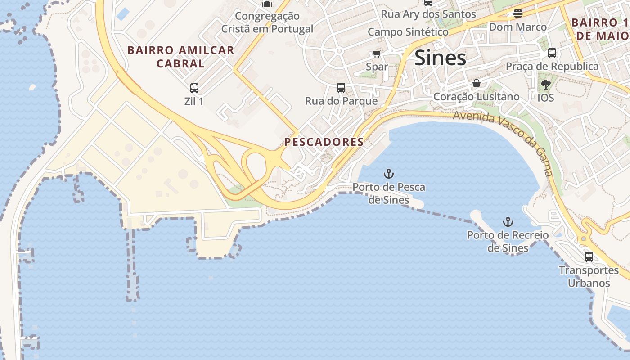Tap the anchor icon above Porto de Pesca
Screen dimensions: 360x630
coord(388,174)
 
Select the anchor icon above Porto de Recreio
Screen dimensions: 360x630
coord(508,222)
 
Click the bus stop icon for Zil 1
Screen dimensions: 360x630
coord(194,88)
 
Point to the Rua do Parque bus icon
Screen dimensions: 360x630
coord(341,87)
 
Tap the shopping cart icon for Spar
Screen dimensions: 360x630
coord(377,54)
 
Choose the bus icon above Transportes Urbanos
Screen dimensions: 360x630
coord(589,257)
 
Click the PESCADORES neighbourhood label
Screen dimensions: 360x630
coord(324,142)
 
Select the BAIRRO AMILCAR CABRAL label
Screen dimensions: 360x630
coord(181,57)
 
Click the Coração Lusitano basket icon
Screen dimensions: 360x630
coord(476,83)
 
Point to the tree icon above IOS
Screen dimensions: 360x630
coord(545,84)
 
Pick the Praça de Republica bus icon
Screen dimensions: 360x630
coord(552,53)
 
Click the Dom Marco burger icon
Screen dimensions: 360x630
coord(518,13)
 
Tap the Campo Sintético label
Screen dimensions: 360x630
coord(408,32)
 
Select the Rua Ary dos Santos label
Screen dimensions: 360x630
coord(428,14)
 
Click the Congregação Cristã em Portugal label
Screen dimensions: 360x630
coord(267,22)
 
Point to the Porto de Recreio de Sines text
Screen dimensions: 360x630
coord(508,241)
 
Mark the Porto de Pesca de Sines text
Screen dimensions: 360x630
coord(389,193)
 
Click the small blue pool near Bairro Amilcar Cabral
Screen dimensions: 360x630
coord(122,13)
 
